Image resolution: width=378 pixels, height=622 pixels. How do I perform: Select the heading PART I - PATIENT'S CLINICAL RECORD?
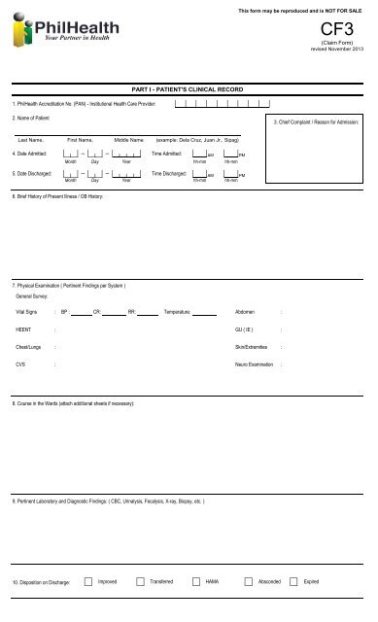(x=189, y=88)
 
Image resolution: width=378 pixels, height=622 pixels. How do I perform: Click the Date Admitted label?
(x=29, y=154)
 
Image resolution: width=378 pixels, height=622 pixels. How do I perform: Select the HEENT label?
(x=22, y=329)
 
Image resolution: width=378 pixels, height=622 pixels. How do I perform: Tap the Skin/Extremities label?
(x=251, y=346)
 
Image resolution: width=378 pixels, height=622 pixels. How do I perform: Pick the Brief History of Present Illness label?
(x=57, y=197)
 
